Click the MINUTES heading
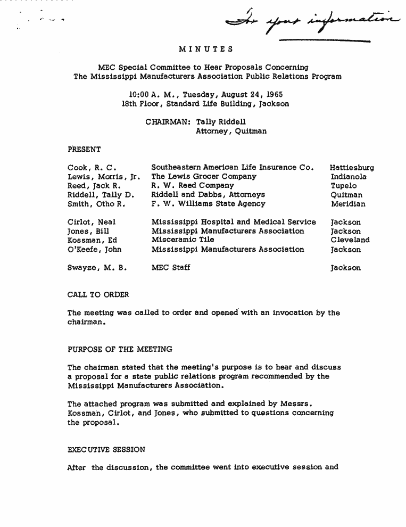(x=206, y=50)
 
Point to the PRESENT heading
(x=84, y=149)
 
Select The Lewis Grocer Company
(x=204, y=177)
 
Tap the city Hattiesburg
(x=352, y=168)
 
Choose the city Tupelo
(x=344, y=186)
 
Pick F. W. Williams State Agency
(x=208, y=204)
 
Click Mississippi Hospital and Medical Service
(x=234, y=222)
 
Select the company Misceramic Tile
(x=183, y=240)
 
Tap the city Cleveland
(x=350, y=240)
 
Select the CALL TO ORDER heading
(x=98, y=294)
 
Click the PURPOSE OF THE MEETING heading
(x=120, y=349)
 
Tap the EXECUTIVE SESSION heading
(x=106, y=449)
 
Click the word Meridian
(x=348, y=204)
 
